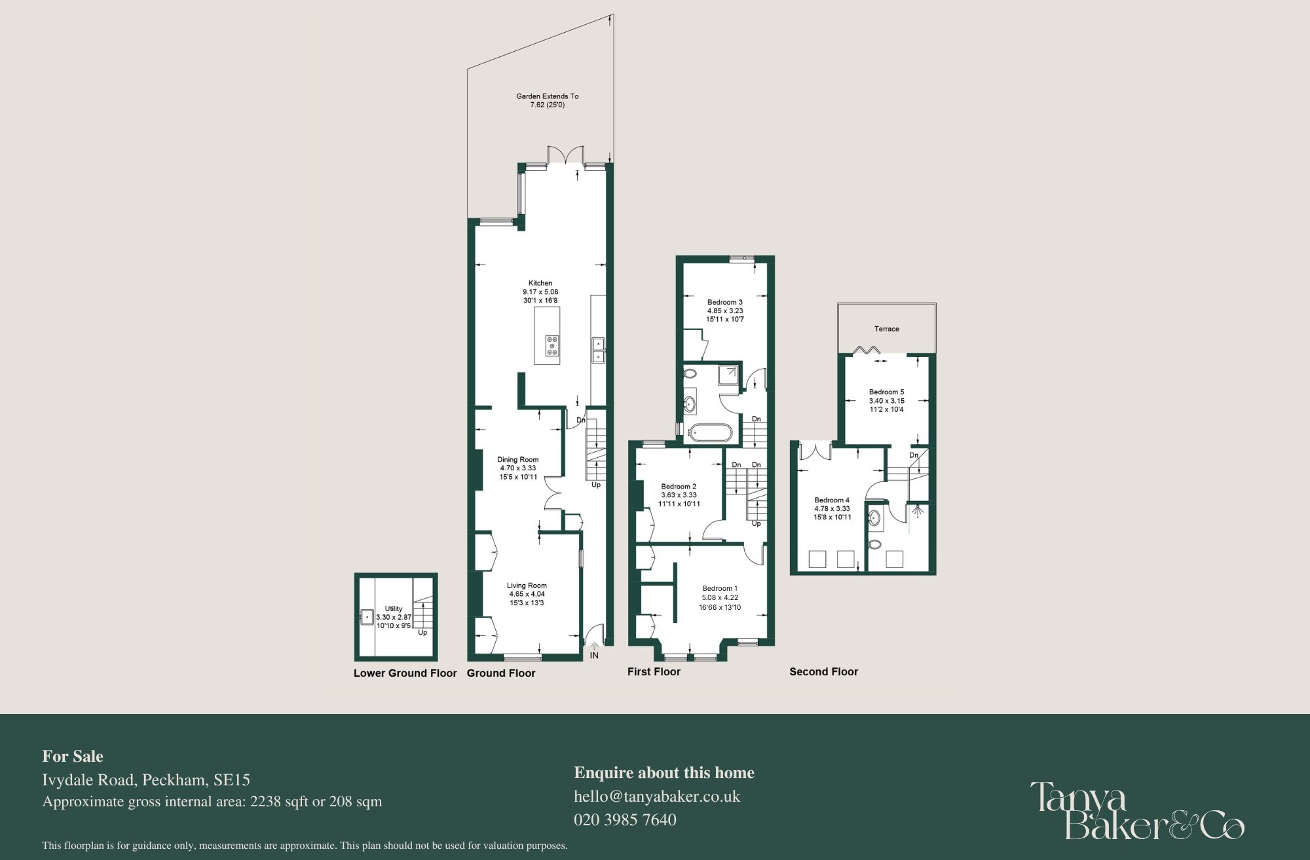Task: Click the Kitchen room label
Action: [x=540, y=283]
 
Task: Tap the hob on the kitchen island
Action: [x=552, y=346]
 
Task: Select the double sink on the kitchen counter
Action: [x=598, y=350]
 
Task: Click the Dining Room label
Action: [x=517, y=460]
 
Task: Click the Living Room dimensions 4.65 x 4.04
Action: [x=527, y=594]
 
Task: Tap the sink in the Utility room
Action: [x=367, y=617]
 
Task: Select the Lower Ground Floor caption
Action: [x=405, y=673]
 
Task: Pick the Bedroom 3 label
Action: [x=724, y=303]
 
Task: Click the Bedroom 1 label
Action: [x=720, y=588]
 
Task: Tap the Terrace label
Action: [x=886, y=329]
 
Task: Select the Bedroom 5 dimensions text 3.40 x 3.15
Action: [x=886, y=401]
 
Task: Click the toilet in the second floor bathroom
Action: [x=874, y=544]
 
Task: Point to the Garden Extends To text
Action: [x=547, y=96]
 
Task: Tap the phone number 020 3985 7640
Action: [x=625, y=819]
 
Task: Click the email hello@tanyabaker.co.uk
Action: [x=657, y=796]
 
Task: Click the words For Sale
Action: [x=73, y=756]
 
